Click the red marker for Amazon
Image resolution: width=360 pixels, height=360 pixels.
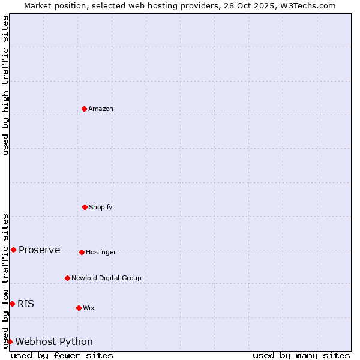tap(84, 109)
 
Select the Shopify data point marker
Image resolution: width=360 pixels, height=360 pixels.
tap(85, 207)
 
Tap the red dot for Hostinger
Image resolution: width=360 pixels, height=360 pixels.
tap(82, 252)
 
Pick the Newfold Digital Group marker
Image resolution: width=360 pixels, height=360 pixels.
tap(67, 278)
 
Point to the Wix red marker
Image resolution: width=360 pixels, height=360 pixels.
tap(79, 308)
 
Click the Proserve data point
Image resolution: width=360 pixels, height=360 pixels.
tap(13, 250)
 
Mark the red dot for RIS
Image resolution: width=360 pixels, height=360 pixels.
tap(12, 304)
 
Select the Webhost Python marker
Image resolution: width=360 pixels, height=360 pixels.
tap(10, 341)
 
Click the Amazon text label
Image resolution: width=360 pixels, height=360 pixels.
tap(101, 109)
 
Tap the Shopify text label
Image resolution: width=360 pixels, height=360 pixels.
tap(101, 207)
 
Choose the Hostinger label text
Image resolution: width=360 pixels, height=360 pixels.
tap(101, 252)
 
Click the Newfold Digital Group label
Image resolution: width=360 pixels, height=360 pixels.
tap(106, 278)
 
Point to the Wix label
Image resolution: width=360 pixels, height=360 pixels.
tap(89, 308)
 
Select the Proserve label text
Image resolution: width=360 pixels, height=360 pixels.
tap(40, 250)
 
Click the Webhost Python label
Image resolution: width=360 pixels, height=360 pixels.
tap(54, 341)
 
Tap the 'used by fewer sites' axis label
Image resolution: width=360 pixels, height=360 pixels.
tap(62, 355)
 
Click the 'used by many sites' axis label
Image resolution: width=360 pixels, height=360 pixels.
tap(301, 355)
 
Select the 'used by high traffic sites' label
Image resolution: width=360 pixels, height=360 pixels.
tap(5, 85)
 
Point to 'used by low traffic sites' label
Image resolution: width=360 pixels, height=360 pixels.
tap(5, 280)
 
